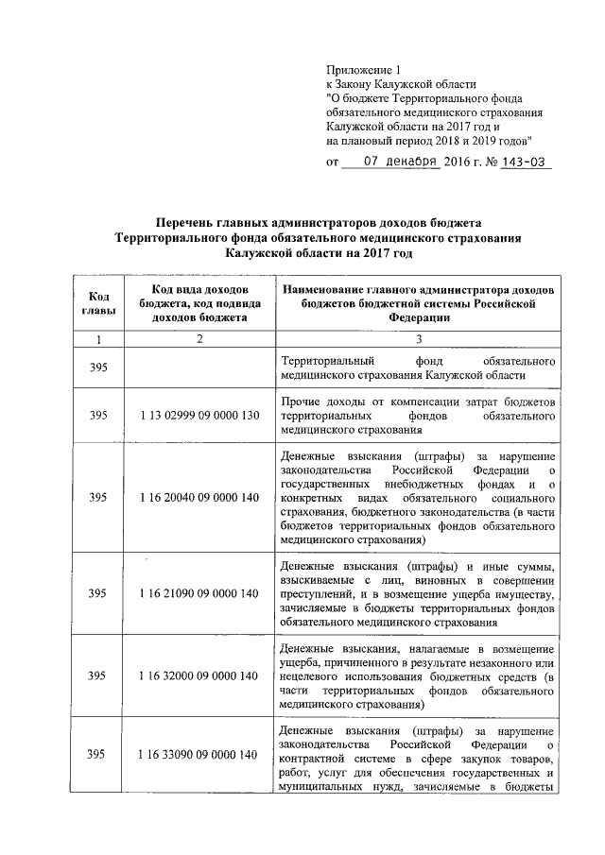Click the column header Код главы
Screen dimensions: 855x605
coord(97,303)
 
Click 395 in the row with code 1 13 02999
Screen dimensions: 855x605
coord(97,415)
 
